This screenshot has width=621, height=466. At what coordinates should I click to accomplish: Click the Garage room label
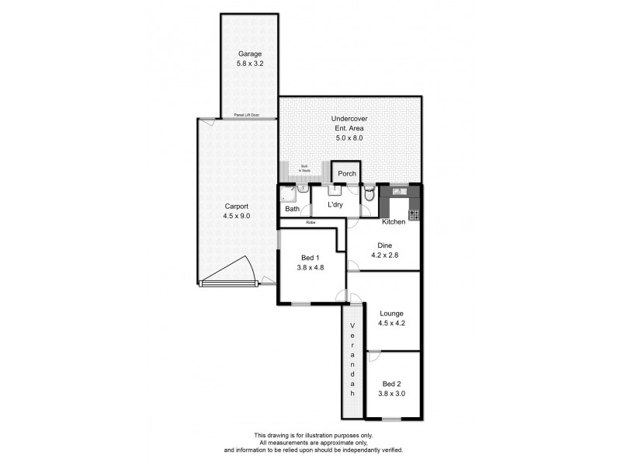[250, 54]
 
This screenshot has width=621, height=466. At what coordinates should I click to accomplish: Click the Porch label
[346, 174]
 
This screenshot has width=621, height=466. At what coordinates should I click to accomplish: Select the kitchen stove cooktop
[414, 214]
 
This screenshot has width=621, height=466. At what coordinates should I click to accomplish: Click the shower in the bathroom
[286, 193]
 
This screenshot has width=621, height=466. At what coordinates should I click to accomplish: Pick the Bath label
[292, 209]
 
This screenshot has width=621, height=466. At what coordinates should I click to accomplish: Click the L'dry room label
[335, 204]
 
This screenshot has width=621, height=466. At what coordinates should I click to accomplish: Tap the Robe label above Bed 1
[310, 222]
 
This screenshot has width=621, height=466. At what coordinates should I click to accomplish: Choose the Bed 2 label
[393, 384]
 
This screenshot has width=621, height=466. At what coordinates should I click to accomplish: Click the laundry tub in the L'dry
[335, 189]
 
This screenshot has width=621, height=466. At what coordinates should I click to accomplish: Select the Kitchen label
[394, 222]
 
